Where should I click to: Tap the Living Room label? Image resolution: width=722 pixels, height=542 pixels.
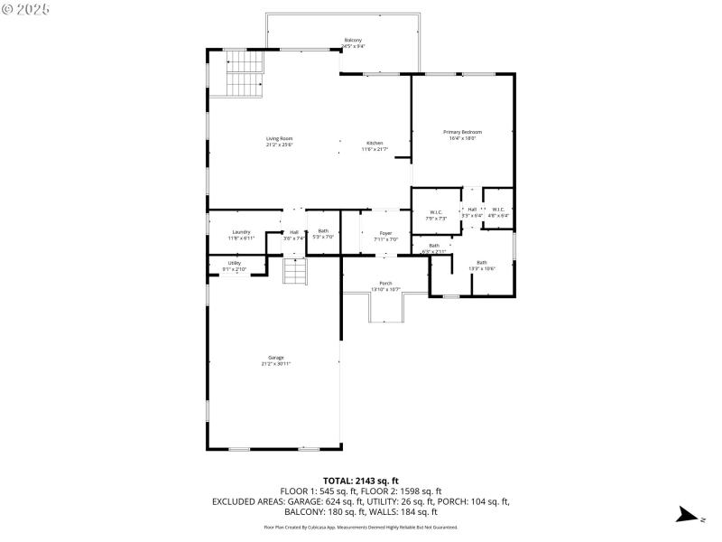(279, 141)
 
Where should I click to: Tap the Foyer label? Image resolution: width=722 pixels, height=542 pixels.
(385, 235)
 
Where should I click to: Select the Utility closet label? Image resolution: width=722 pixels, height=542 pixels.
(235, 265)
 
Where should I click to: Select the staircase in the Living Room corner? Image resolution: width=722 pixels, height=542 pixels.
(244, 72)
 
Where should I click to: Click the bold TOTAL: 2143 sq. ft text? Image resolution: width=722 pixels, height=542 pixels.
(360, 481)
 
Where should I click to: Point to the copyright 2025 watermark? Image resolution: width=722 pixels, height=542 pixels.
(26, 8)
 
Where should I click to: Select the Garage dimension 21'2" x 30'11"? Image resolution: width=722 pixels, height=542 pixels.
(275, 364)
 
